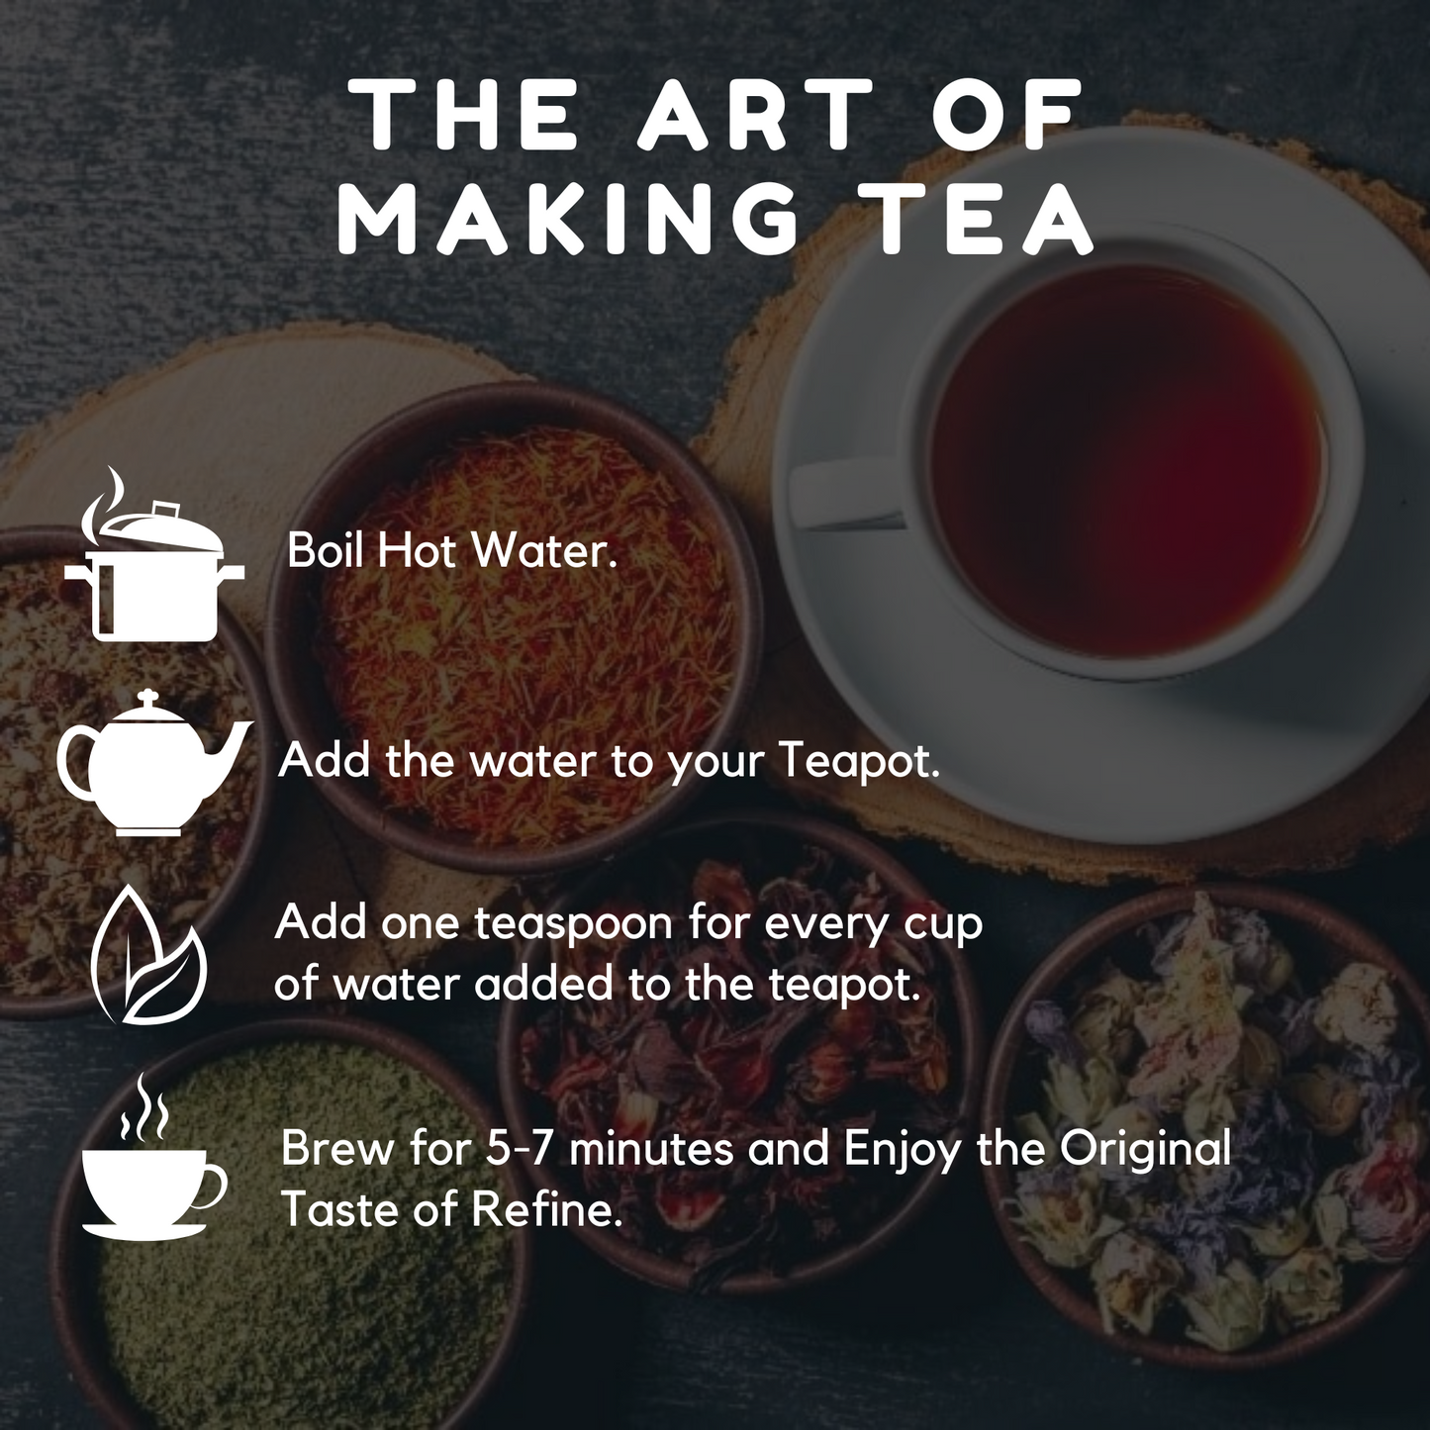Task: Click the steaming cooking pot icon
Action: point(153,554)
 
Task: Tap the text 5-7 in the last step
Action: point(521,1150)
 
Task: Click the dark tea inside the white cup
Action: point(1128,461)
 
